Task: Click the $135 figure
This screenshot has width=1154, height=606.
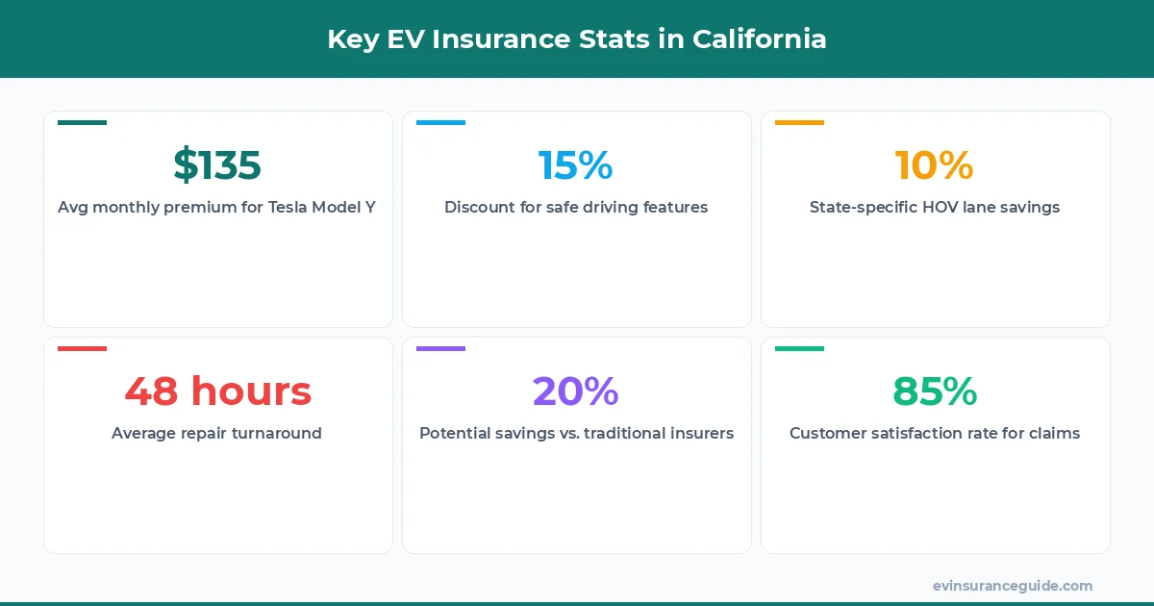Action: [217, 165]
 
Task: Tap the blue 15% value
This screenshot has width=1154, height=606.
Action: [575, 165]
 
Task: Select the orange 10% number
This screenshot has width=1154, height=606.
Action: [934, 165]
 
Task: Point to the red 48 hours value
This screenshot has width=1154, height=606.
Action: [217, 391]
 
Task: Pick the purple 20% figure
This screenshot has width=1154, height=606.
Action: [575, 391]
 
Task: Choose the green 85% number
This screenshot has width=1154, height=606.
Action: [934, 391]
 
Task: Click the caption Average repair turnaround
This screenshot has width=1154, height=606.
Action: [216, 433]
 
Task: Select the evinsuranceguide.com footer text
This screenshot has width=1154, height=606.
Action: [1013, 586]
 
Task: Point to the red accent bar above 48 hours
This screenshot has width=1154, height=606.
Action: [82, 348]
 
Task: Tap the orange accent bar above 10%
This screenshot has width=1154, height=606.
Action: [799, 122]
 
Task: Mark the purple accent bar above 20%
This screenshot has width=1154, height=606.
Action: [440, 348]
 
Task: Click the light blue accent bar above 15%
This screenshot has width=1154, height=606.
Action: [440, 122]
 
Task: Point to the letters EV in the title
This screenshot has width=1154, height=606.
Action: [410, 39]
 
